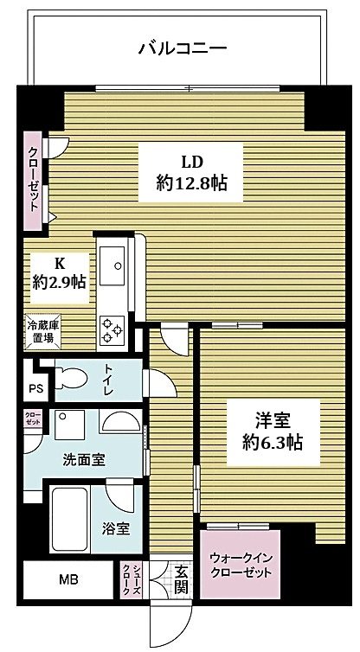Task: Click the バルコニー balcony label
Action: pyautogui.click(x=183, y=48)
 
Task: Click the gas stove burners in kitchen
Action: pyautogui.click(x=113, y=329)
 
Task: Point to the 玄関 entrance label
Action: pyautogui.click(x=181, y=579)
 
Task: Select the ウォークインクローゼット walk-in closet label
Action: pyautogui.click(x=241, y=566)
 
